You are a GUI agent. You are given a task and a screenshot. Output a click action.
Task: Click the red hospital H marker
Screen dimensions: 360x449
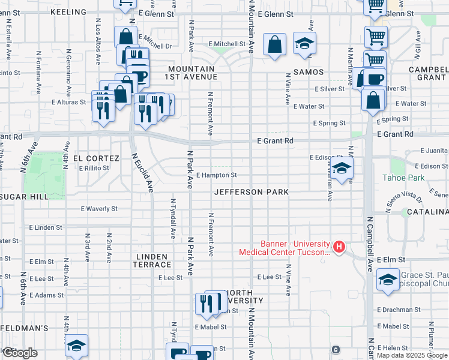coord(339,247)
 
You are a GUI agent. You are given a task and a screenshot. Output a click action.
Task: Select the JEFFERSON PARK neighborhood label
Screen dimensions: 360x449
coord(252,192)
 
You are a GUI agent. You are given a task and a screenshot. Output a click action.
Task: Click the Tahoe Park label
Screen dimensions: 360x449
coord(404,178)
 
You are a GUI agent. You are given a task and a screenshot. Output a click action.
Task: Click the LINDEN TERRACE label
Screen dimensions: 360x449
coord(152,260)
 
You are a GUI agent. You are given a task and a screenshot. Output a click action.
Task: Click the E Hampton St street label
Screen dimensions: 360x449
coord(215,175)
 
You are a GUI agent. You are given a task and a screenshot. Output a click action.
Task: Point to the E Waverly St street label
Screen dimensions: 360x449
coord(99,209)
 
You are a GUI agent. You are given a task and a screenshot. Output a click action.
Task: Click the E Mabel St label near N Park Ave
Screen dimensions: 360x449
coord(210,327)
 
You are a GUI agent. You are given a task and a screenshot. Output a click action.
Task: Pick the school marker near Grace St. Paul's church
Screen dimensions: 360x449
coord(388,280)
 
